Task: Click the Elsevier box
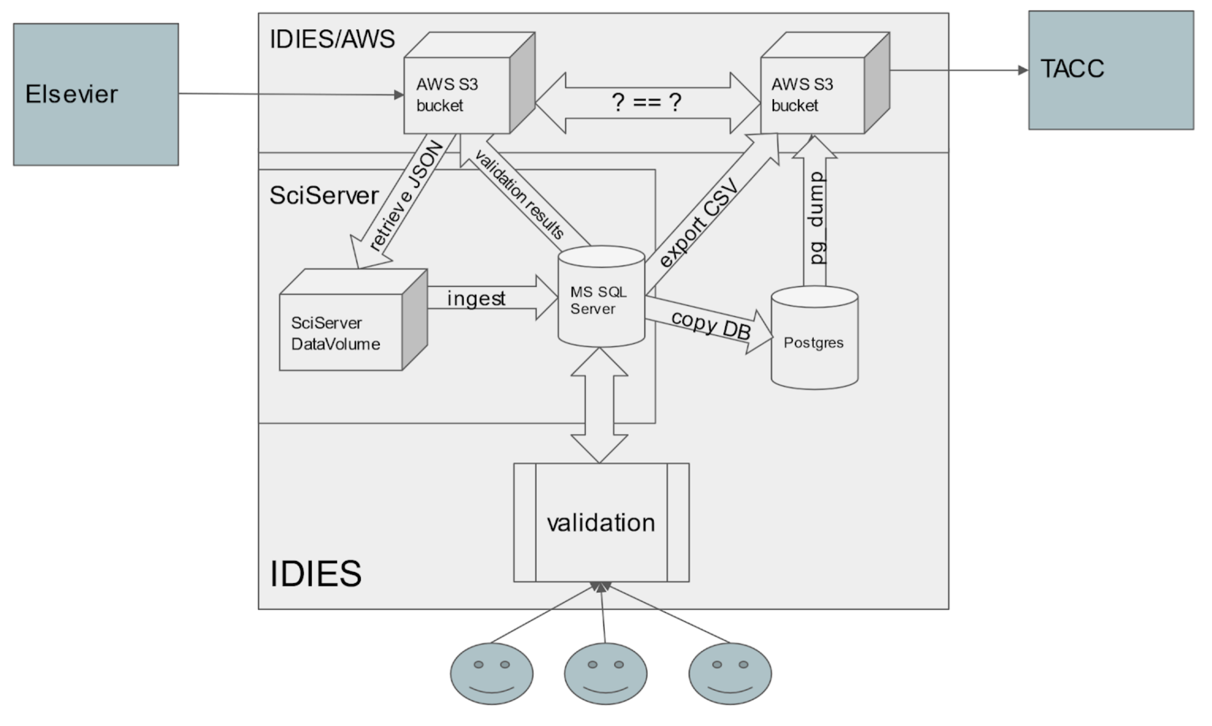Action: [96, 94]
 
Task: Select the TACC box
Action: [1111, 70]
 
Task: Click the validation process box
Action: [601, 522]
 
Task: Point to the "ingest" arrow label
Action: [476, 298]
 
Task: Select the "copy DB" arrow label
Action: [711, 325]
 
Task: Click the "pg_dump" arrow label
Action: [816, 218]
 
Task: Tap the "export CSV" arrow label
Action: [699, 223]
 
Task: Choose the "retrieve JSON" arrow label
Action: [406, 196]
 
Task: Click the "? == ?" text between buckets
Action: [647, 103]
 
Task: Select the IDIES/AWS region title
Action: [332, 39]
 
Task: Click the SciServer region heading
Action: [324, 195]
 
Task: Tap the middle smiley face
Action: [605, 674]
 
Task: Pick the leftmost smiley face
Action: [492, 674]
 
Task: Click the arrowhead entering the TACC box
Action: [1022, 70]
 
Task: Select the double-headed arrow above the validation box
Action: [599, 405]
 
